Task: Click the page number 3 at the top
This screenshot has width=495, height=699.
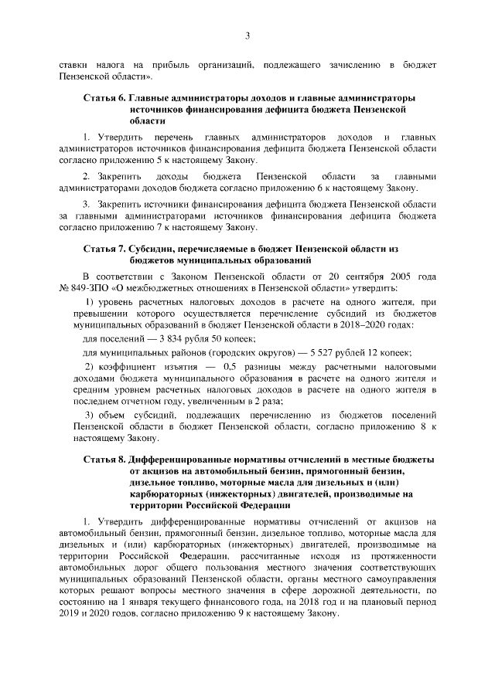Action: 247,35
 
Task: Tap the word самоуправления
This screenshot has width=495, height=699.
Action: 393,579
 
